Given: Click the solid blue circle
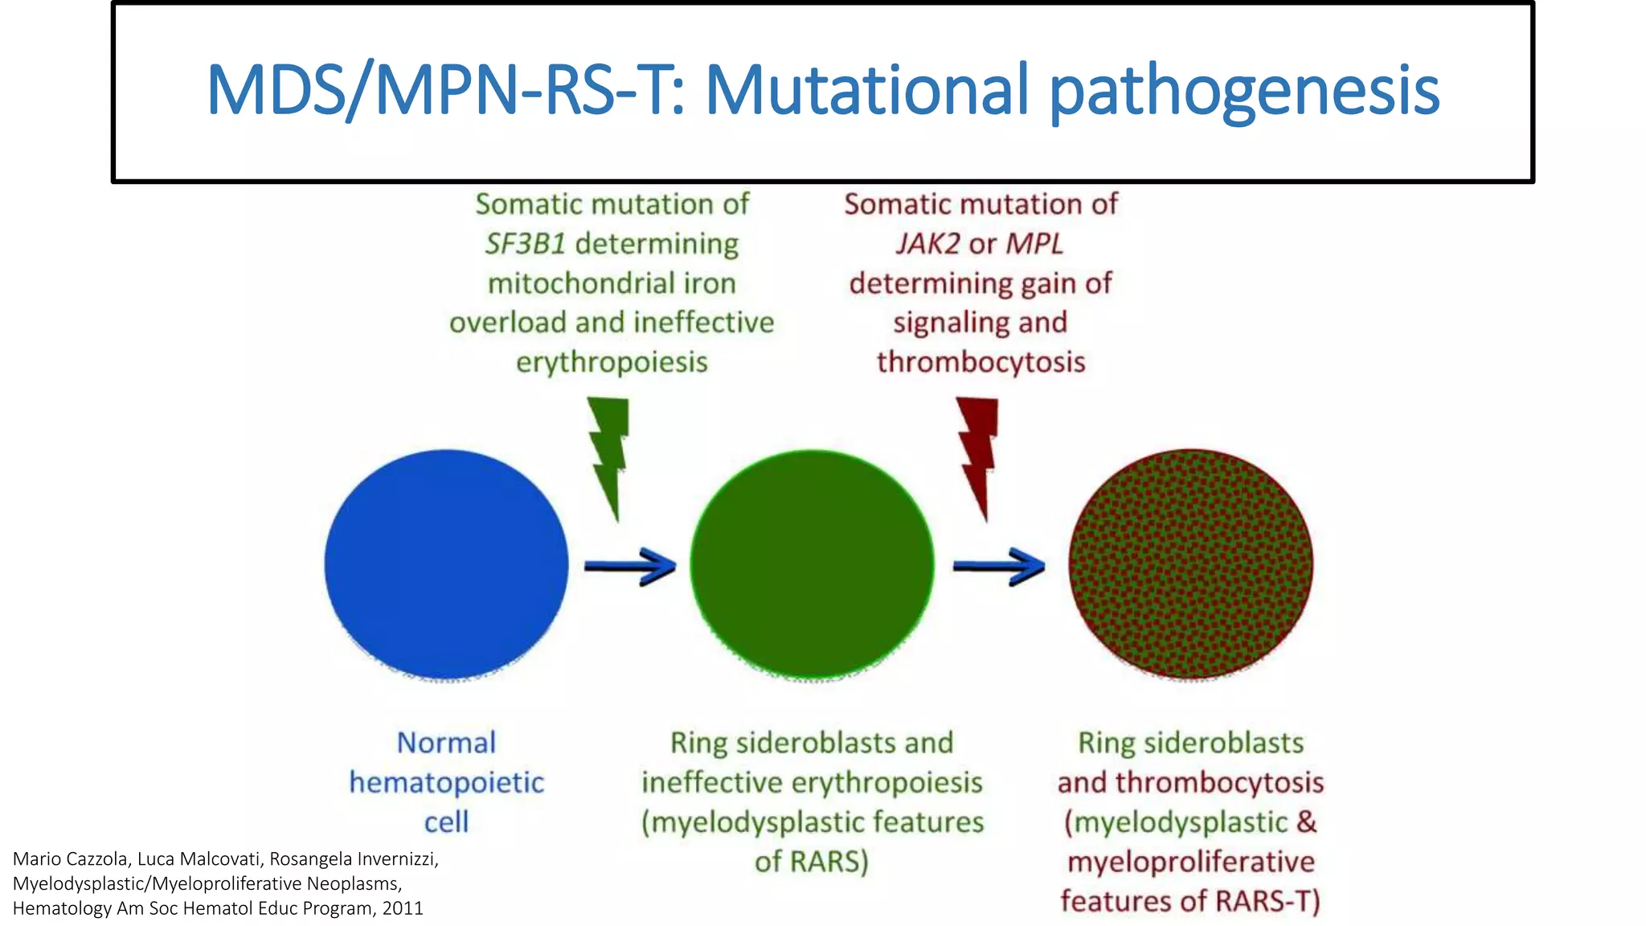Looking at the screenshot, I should click(446, 564).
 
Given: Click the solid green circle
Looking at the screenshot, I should click(812, 564).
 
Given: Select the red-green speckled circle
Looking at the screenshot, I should click(1190, 564).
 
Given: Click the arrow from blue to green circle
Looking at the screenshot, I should click(629, 566).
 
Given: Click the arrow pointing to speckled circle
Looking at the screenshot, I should click(998, 566).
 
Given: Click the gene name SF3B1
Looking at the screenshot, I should click(526, 244).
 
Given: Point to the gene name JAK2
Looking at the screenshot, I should click(927, 244).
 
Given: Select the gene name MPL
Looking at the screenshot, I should click(1034, 244).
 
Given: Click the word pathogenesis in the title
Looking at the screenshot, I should click(1244, 90).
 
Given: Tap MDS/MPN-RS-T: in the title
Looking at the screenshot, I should click(446, 90).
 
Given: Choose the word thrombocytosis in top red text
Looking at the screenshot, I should click(981, 363).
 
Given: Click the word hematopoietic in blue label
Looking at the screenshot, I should click(446, 782).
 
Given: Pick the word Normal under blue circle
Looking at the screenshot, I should click(446, 743).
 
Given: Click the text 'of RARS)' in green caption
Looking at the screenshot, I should click(812, 862).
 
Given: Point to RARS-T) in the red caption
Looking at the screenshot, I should click(1267, 901).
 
